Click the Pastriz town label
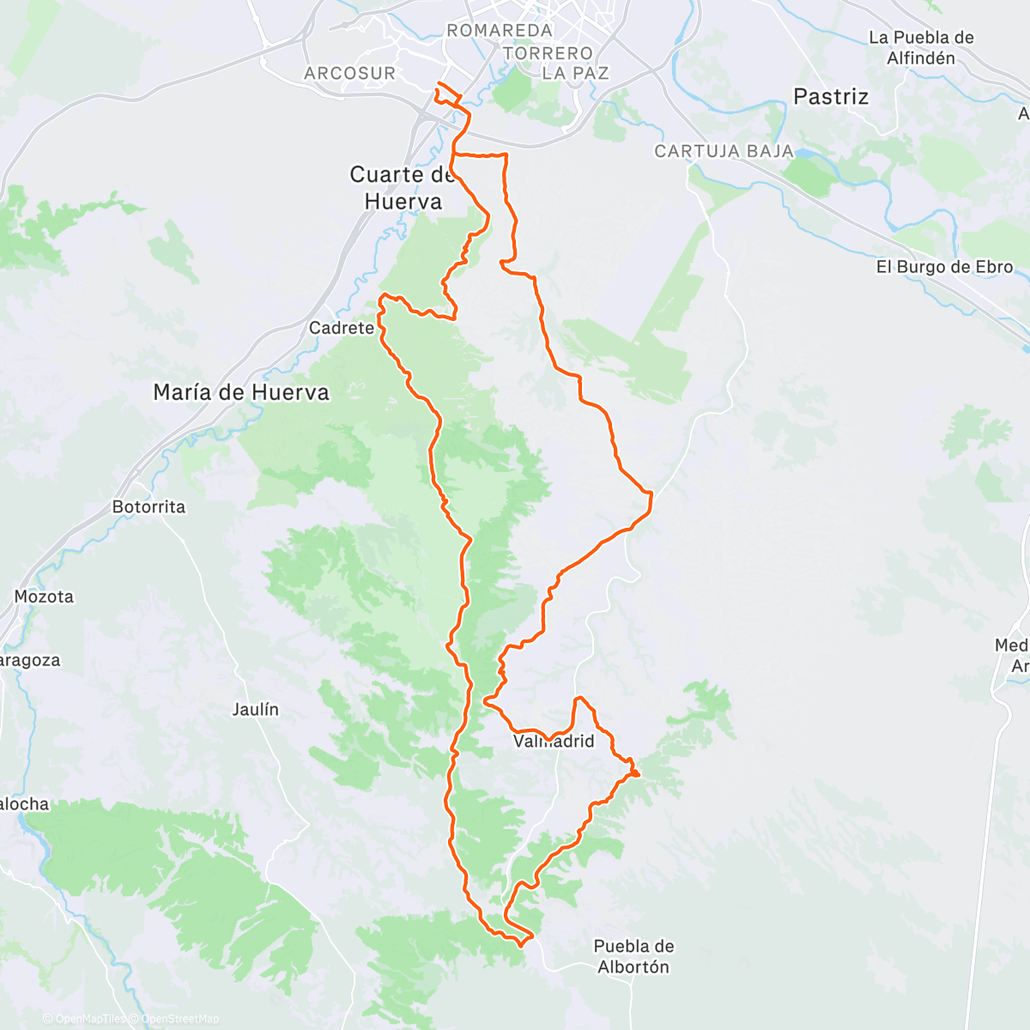[830, 97]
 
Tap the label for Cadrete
[341, 328]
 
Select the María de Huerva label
[241, 392]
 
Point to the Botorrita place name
[148, 506]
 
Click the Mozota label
[44, 597]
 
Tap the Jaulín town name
[255, 710]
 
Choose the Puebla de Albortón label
[633, 956]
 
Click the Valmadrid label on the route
[554, 741]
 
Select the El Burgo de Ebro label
[944, 267]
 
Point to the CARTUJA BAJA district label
[724, 151]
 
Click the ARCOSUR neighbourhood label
[349, 74]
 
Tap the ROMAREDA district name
[500, 31]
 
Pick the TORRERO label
[548, 53]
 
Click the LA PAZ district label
[575, 74]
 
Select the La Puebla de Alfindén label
[921, 48]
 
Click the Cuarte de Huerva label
[403, 188]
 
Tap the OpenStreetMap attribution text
[180, 1019]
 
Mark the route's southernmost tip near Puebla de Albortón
[521, 944]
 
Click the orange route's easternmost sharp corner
[651, 494]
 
